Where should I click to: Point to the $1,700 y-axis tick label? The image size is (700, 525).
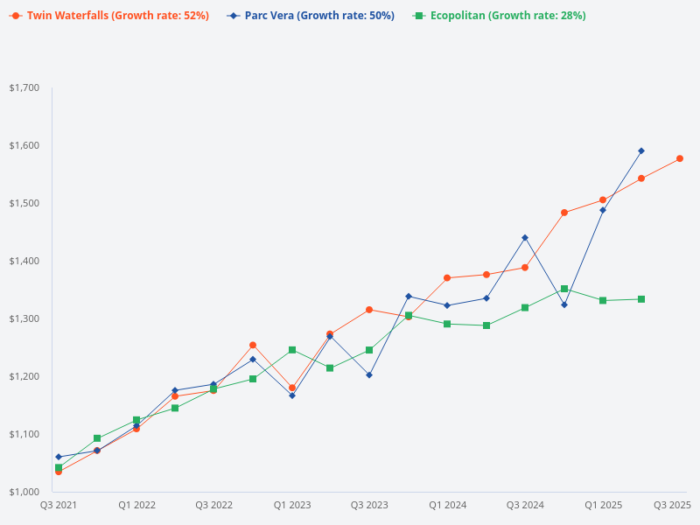click(24, 87)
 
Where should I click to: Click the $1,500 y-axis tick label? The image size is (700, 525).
click(24, 203)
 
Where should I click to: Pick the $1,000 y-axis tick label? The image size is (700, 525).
click(24, 492)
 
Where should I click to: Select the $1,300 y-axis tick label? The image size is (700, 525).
click(24, 318)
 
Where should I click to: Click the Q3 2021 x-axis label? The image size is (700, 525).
click(59, 505)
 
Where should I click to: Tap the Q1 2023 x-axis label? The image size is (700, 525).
click(292, 505)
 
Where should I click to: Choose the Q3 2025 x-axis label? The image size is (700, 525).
click(673, 505)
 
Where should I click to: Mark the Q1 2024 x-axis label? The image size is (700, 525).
click(447, 505)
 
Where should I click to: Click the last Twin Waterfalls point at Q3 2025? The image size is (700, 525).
click(680, 158)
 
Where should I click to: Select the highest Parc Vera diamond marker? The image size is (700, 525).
click(641, 150)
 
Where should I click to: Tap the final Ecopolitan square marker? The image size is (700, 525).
click(641, 299)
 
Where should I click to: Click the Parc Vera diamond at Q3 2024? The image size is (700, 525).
click(525, 237)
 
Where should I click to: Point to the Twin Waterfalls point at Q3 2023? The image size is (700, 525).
click(369, 310)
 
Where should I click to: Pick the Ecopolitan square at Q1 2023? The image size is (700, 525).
click(292, 350)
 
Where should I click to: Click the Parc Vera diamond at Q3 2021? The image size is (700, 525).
click(59, 457)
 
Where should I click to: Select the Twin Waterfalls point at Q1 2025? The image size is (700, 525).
click(603, 200)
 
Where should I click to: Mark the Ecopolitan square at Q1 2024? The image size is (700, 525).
click(447, 324)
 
